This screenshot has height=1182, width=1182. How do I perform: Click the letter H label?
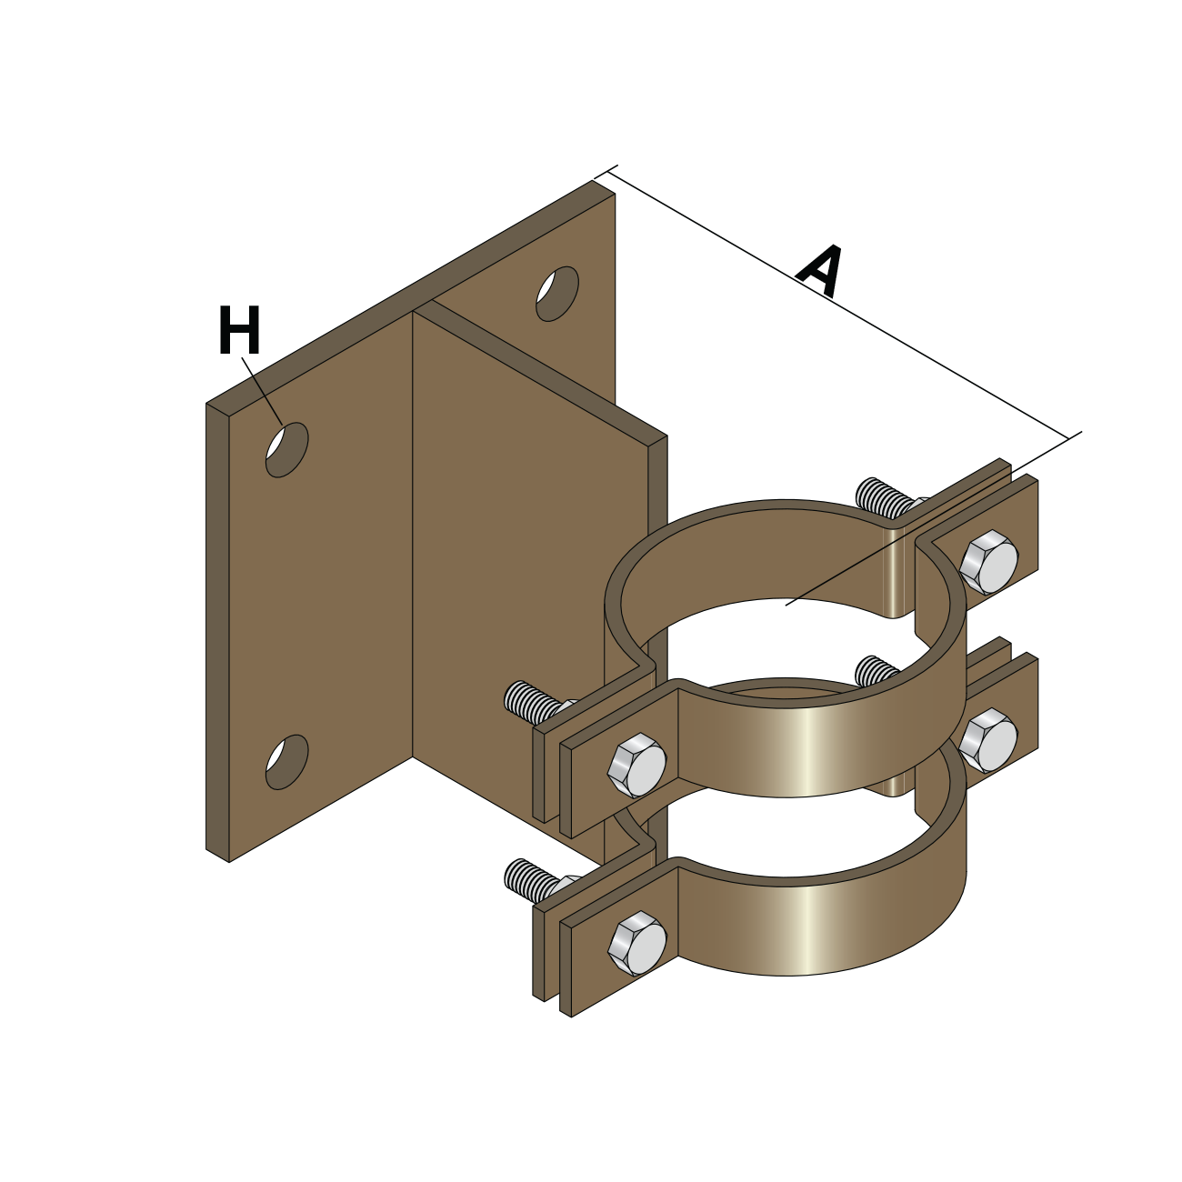coord(239,330)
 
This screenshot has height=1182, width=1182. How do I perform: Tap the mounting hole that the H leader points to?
coord(286,449)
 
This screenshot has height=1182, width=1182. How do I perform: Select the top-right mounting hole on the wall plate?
coord(557,293)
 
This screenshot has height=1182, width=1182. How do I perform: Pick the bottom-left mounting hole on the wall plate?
coord(286,762)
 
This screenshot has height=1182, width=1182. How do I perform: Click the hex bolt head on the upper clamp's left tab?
coord(637,766)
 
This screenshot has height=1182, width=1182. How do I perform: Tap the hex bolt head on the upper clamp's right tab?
coord(988,563)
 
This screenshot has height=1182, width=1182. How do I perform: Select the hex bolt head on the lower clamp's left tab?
coord(637,944)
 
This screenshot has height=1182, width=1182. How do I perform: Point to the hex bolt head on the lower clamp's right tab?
coord(988,740)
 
